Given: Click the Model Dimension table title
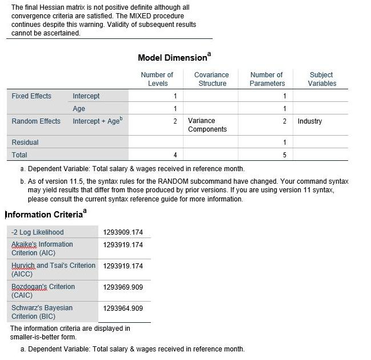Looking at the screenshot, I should [x=173, y=58].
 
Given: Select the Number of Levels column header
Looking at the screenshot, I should [x=157, y=79].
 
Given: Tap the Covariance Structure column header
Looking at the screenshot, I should [x=211, y=79].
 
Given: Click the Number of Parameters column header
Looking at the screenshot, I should [x=266, y=79].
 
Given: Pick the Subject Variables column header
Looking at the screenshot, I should [x=321, y=79].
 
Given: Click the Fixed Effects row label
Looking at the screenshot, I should [x=31, y=96].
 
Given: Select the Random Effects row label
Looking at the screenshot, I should [x=36, y=121].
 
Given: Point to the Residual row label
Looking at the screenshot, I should [x=25, y=143].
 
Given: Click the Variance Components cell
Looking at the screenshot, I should [x=207, y=125].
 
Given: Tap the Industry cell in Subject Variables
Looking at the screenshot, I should [x=310, y=121].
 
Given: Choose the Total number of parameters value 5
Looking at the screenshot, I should [x=284, y=155].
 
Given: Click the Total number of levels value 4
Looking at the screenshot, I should [x=175, y=155].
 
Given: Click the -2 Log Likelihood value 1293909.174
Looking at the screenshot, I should [x=123, y=232].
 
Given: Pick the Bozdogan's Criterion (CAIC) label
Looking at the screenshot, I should [x=43, y=291].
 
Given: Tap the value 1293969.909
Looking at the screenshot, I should [x=123, y=287].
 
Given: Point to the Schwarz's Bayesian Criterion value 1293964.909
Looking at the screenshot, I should [x=123, y=308].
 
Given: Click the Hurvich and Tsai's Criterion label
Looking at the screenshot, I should [x=53, y=270].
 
